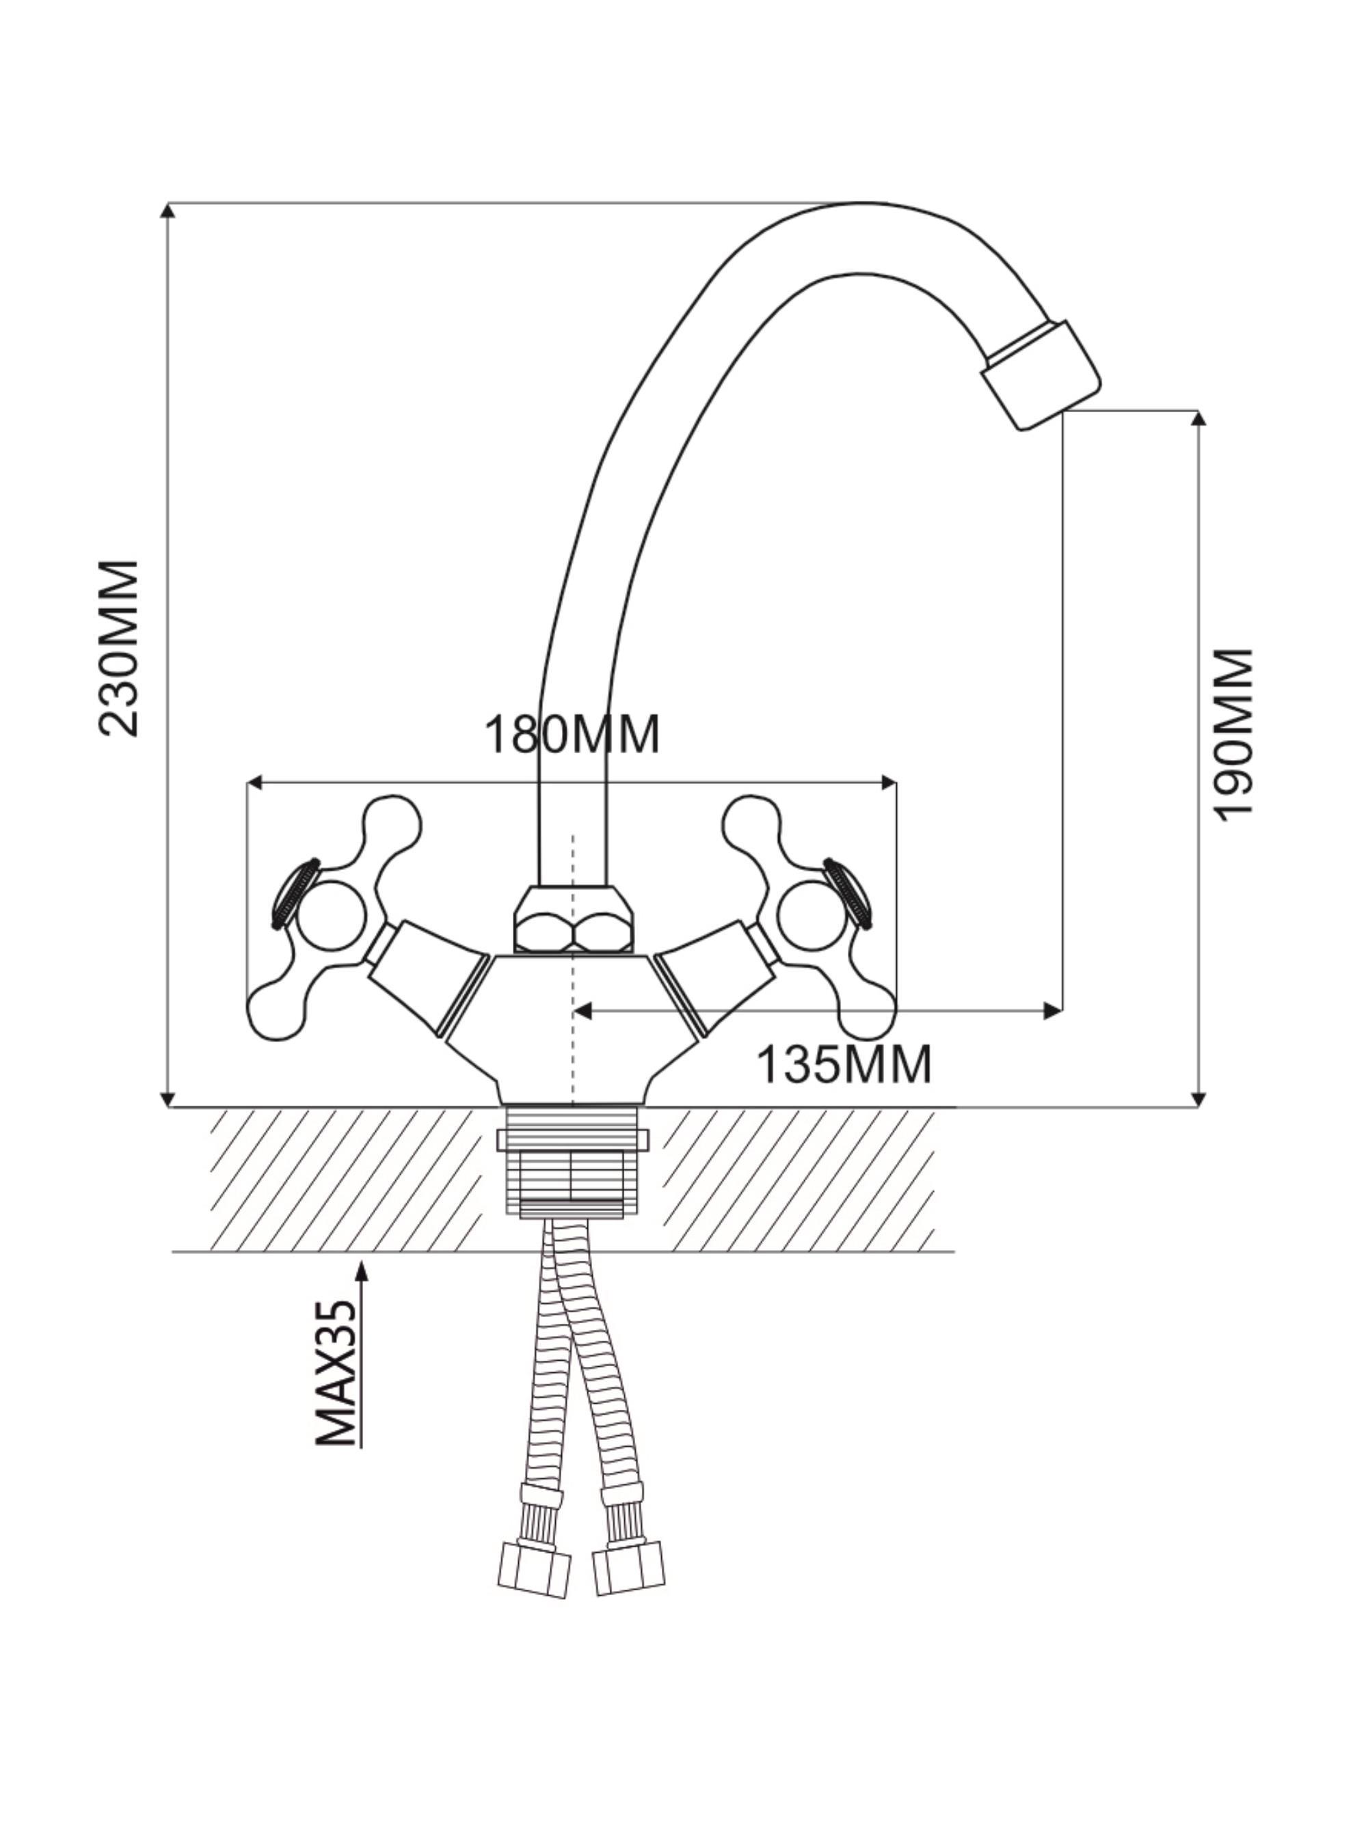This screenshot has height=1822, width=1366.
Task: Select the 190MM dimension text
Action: [x=1233, y=734]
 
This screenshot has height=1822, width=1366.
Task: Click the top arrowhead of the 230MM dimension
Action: [x=168, y=210]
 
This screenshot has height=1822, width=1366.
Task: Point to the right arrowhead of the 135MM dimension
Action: [x=1052, y=1011]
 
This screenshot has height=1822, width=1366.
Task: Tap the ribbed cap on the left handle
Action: [x=295, y=893]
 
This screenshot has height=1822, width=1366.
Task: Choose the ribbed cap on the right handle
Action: [x=848, y=893]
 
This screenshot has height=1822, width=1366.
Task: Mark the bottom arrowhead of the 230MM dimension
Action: [x=168, y=1099]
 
